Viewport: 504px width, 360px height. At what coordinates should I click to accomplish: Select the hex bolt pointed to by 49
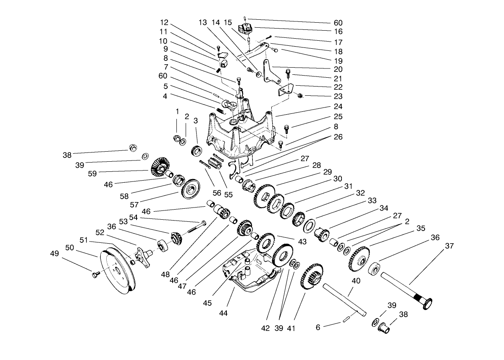tap(95, 275)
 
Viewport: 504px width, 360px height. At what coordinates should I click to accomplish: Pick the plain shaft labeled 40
tap(344, 299)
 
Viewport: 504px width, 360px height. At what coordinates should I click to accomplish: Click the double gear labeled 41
tap(312, 279)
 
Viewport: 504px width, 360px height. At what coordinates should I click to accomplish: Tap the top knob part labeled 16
tap(245, 30)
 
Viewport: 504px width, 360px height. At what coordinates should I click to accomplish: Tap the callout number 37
tap(449, 246)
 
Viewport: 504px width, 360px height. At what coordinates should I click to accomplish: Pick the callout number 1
tap(177, 112)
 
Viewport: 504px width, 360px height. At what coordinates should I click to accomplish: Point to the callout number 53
tap(123, 221)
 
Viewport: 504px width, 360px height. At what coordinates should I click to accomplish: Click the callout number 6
tap(318, 327)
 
